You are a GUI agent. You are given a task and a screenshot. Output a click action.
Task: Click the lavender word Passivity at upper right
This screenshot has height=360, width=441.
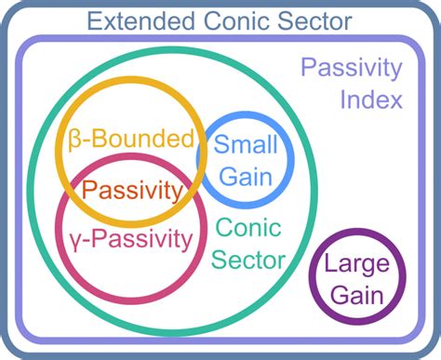coord(351,68)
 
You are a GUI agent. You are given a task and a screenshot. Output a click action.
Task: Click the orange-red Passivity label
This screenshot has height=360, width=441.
coord(130,191)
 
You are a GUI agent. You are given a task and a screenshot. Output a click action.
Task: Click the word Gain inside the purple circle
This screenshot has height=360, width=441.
coord(357,295)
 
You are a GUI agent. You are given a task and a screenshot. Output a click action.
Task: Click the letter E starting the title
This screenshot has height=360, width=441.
coord(96,19)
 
